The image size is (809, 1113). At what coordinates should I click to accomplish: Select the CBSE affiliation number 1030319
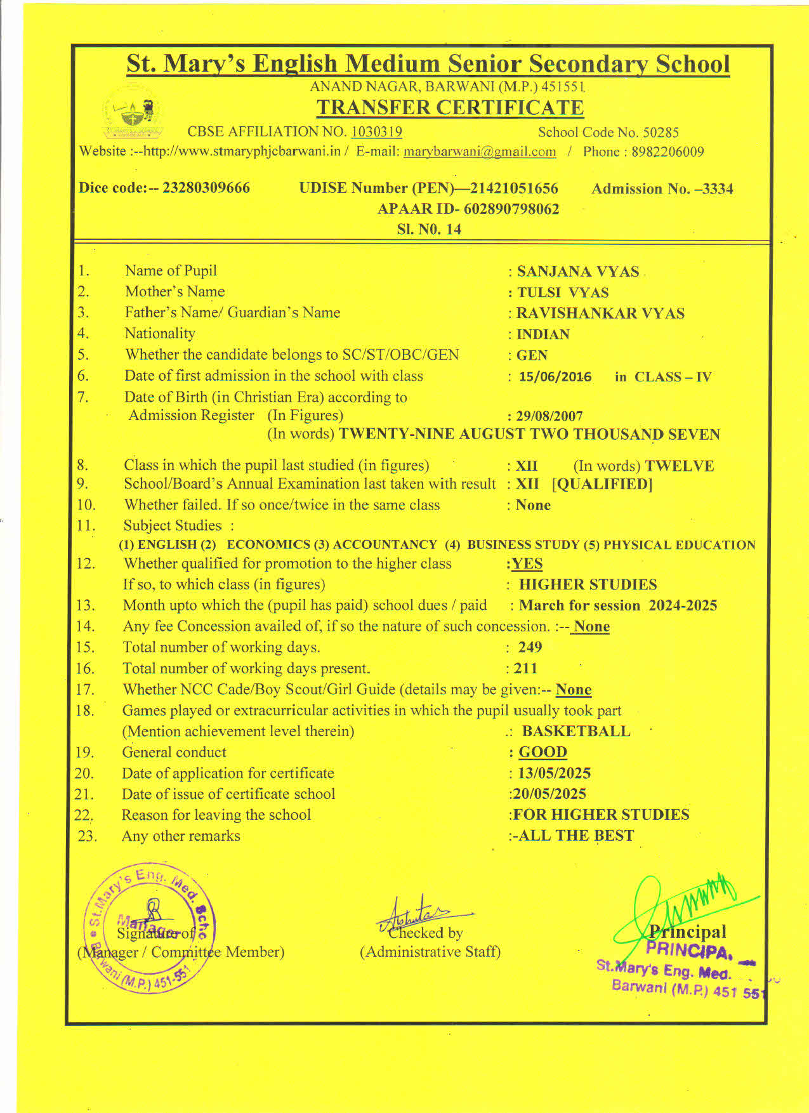point(376,131)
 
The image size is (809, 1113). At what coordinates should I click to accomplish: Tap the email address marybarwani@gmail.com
point(480,152)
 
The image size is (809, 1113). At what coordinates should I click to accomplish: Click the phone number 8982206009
point(668,152)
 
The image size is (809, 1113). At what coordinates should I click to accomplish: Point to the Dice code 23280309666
point(206,188)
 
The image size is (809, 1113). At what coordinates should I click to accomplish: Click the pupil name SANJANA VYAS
point(578,272)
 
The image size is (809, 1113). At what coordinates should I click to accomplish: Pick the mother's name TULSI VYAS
point(563,293)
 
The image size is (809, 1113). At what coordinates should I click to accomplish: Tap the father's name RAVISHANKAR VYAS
point(600,313)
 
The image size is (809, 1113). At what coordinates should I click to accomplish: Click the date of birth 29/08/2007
point(549,416)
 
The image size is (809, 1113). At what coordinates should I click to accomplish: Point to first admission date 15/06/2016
point(555,377)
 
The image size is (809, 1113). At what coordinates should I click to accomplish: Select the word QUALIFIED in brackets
point(602,484)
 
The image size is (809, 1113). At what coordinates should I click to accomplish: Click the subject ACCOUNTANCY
point(385,545)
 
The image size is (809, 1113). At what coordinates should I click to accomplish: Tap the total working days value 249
point(530,647)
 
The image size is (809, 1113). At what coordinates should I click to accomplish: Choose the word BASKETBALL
point(576,731)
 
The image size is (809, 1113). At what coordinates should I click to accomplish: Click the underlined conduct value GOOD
point(543,752)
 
